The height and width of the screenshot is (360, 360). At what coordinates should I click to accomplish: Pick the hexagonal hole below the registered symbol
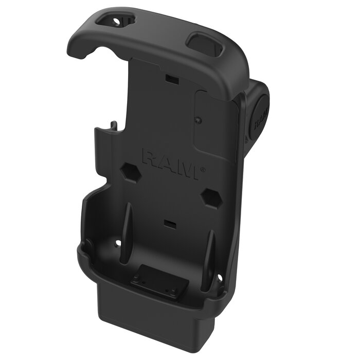(211, 196)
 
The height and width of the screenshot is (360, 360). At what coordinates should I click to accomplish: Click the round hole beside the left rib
(117, 242)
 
